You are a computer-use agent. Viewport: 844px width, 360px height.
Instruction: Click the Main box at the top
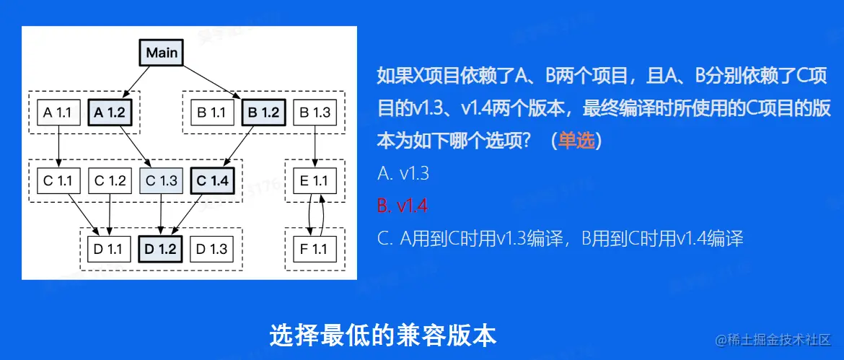(x=161, y=53)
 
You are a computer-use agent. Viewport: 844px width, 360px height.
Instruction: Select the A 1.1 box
(x=58, y=113)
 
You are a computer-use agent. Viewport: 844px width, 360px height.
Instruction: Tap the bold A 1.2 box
(x=109, y=113)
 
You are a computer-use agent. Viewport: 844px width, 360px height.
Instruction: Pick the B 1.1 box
(x=211, y=113)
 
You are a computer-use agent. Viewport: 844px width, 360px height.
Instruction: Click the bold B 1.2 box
(x=263, y=113)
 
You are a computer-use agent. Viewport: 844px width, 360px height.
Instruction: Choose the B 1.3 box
(x=315, y=113)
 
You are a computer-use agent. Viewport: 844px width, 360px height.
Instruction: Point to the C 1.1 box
(x=58, y=180)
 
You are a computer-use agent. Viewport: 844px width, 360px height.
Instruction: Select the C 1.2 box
(x=109, y=180)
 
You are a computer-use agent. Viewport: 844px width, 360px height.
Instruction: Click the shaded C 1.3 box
(x=160, y=180)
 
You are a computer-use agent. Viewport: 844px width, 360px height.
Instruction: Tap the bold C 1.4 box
(x=212, y=180)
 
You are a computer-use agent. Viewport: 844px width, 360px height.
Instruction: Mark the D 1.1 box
(x=109, y=249)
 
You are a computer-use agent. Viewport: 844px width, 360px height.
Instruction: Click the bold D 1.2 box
(x=160, y=249)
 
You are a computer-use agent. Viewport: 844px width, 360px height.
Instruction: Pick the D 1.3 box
(x=211, y=249)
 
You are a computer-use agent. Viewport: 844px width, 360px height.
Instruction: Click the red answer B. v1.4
(x=403, y=206)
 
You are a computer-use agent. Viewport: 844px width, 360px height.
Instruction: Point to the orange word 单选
(x=576, y=140)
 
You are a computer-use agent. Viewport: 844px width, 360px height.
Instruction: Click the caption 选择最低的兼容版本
(x=383, y=335)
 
